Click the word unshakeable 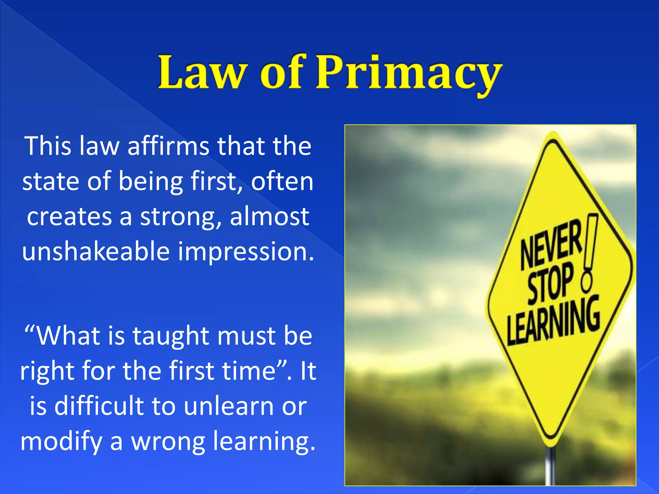pos(96,251)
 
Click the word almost pos(270,216)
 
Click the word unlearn pos(228,406)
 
